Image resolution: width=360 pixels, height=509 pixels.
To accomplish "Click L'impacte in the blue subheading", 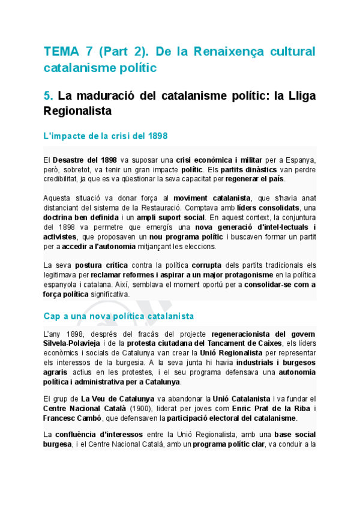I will (64, 136).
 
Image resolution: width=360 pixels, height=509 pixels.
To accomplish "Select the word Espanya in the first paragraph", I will (298, 160).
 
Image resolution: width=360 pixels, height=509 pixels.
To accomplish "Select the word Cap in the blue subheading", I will (52, 315).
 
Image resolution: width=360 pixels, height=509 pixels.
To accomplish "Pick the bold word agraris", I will (59, 372).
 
